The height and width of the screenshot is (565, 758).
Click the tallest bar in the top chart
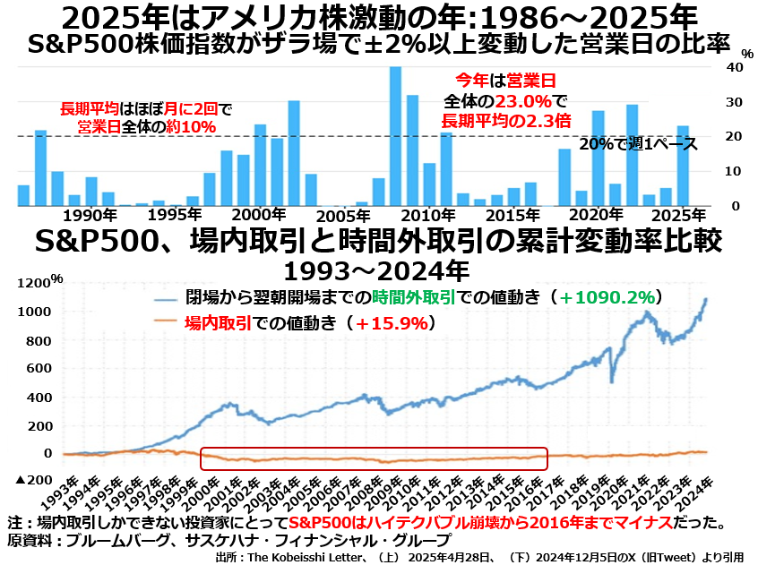point(395,136)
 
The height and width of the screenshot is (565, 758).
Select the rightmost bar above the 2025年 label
point(683,166)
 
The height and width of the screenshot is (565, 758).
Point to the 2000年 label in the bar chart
point(258,215)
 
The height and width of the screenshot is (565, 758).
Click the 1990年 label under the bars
point(90,215)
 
